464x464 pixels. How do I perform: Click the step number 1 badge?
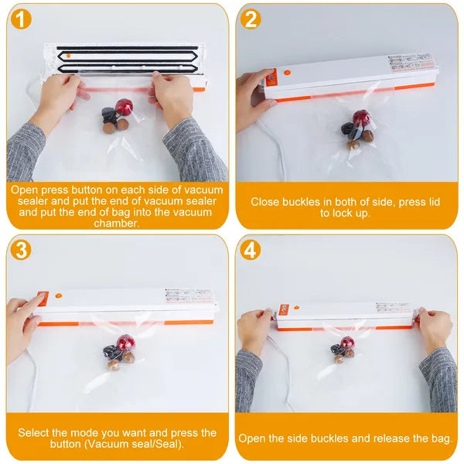coord(22,20)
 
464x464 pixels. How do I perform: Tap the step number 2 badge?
coord(251,20)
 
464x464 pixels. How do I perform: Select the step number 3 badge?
coord(22,250)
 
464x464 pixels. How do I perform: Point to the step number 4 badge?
coord(251,250)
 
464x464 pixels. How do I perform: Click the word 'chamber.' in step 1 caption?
coord(116,223)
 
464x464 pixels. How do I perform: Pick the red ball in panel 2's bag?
coord(360,119)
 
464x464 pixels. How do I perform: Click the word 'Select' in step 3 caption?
coord(35,432)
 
